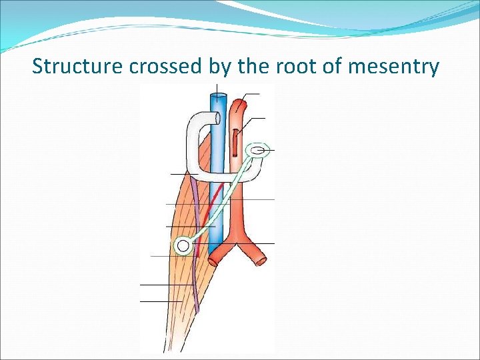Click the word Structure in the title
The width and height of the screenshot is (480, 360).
(x=71, y=67)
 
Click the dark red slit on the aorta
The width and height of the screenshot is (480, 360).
(x=236, y=142)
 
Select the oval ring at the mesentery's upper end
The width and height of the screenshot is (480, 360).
(x=257, y=151)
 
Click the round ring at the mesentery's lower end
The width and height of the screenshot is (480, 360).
(x=183, y=246)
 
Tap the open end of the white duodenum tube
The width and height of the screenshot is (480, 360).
(x=214, y=119)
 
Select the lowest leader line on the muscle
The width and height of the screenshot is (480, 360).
(x=160, y=301)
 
